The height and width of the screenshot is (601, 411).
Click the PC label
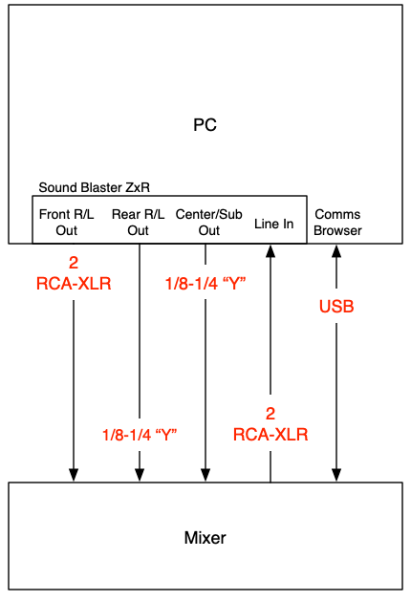click(205, 125)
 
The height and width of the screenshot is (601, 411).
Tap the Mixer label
click(205, 537)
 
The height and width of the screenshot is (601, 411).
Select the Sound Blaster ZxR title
click(94, 187)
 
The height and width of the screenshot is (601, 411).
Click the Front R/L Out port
click(66, 223)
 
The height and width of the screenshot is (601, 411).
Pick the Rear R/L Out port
click(138, 223)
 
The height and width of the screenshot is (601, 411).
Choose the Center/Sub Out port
click(208, 223)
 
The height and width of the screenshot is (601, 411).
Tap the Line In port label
click(273, 224)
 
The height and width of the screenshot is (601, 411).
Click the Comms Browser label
click(337, 223)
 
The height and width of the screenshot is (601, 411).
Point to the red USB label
click(336, 307)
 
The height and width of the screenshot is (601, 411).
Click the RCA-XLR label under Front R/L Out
click(74, 284)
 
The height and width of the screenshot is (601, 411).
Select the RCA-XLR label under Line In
click(270, 435)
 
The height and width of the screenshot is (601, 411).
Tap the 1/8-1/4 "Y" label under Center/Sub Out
click(205, 284)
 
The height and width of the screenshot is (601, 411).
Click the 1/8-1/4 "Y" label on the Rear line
click(140, 435)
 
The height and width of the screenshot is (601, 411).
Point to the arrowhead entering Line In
click(270, 251)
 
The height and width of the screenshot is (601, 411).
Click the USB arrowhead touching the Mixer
click(336, 475)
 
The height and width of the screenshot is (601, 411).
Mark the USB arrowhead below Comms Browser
click(336, 251)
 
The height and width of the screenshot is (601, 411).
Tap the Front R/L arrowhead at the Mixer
click(74, 475)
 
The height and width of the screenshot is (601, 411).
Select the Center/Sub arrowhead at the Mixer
click(205, 475)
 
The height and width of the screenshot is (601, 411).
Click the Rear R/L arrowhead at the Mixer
click(140, 475)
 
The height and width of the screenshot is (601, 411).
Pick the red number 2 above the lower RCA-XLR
click(270, 414)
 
